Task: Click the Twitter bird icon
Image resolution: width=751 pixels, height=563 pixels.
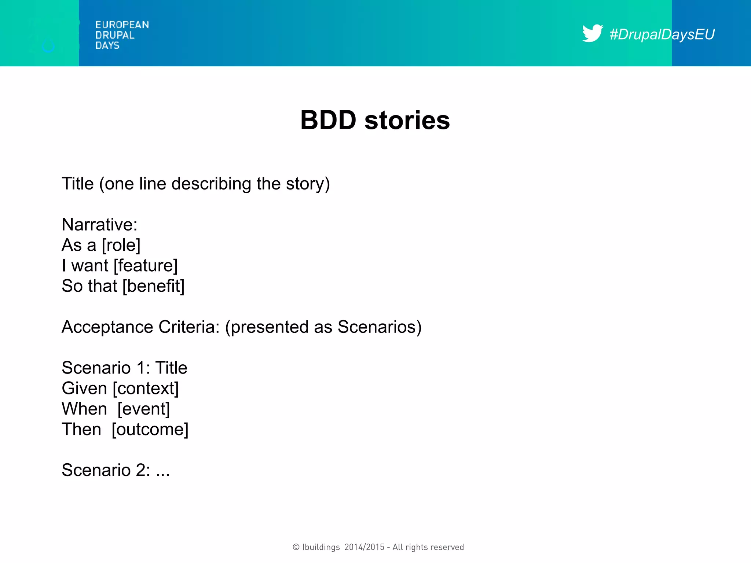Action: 592,34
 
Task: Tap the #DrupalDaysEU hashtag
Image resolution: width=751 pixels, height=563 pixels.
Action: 662,34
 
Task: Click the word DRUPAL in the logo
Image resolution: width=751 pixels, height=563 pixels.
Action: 115,35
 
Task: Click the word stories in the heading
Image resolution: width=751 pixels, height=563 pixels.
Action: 407,120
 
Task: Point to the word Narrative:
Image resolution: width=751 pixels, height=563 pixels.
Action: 99,225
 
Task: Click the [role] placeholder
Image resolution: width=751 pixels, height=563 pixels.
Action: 121,245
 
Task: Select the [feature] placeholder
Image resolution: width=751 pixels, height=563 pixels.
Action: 146,266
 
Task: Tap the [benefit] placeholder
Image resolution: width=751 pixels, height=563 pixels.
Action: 153,286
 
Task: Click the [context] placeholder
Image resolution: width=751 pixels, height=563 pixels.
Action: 146,389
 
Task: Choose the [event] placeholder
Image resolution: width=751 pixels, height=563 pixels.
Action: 143,409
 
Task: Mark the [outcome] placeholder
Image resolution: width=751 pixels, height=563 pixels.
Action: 150,430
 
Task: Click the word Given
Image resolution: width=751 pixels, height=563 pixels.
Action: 84,389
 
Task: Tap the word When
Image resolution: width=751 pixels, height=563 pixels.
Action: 84,409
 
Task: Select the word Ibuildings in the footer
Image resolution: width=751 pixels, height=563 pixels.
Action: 321,547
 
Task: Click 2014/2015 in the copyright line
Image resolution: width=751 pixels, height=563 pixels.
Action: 364,547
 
